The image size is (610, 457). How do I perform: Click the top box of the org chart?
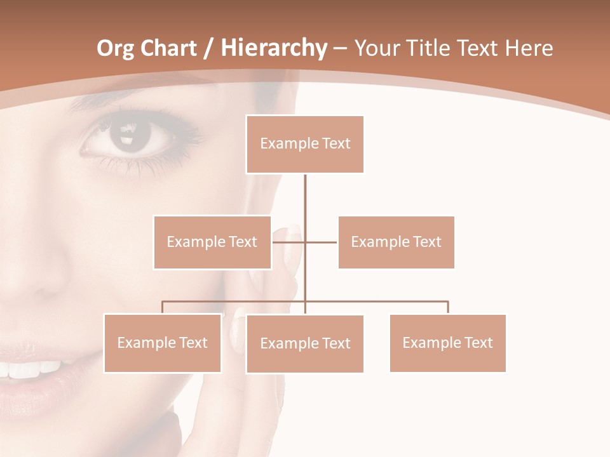tap(305, 144)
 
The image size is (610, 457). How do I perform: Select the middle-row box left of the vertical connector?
tap(212, 242)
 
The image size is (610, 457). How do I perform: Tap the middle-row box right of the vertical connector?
tap(396, 242)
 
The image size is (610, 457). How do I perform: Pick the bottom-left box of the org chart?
tap(163, 343)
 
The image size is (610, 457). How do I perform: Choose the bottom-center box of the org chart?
tap(305, 343)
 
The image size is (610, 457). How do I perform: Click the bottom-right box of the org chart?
tap(447, 343)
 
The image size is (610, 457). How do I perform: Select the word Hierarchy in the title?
tap(273, 48)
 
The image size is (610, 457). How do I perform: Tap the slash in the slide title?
tap(208, 48)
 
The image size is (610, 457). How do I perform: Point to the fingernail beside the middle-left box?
tap(292, 230)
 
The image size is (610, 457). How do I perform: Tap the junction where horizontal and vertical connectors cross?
tap(305, 242)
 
